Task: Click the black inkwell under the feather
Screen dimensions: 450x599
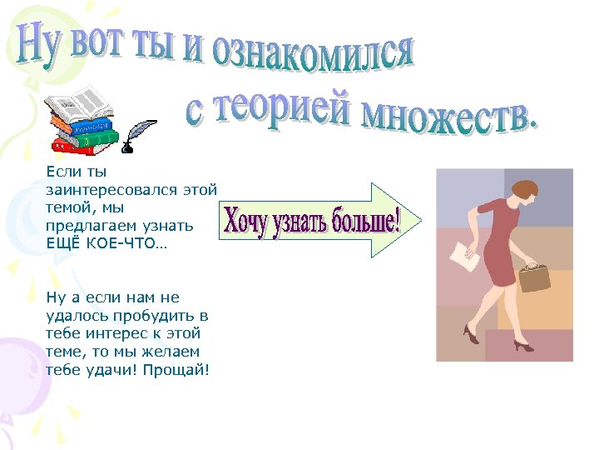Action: click(127, 148)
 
